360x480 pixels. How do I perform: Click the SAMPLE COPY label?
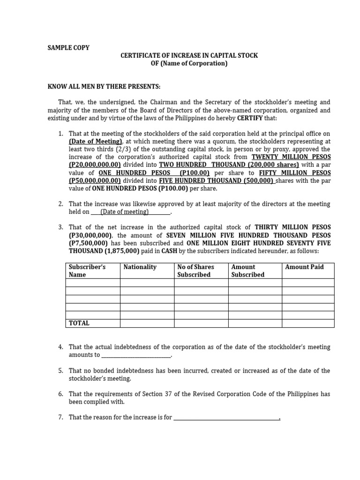(69, 47)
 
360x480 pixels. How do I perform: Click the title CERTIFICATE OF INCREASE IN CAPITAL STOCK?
(189, 55)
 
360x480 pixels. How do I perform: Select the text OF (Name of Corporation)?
(189, 63)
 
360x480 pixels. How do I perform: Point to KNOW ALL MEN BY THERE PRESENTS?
(104, 87)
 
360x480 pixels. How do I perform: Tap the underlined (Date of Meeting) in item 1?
(96, 141)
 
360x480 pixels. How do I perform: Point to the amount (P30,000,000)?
(91, 235)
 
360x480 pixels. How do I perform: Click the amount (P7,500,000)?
(88, 243)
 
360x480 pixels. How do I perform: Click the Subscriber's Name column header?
(87, 270)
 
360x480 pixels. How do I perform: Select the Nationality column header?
(140, 267)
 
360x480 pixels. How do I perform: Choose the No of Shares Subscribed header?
(195, 270)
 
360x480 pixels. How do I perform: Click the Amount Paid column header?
(304, 267)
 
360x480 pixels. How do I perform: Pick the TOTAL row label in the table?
(79, 323)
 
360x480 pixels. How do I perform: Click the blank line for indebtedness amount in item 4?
(136, 355)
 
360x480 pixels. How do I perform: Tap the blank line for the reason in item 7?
(227, 418)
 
